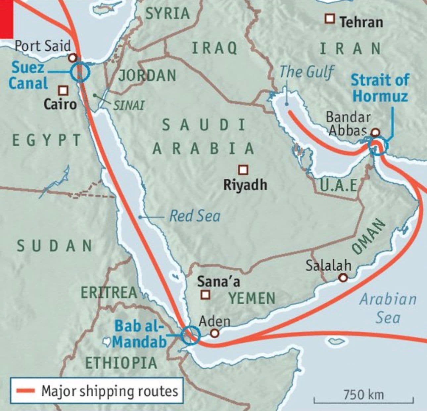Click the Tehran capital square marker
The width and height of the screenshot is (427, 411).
329,19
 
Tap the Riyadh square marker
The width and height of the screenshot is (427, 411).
243,170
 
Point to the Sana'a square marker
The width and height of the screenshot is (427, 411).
206,294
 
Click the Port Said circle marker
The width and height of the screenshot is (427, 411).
72,58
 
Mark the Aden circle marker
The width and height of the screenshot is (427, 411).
215,333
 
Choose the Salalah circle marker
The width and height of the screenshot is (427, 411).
343,278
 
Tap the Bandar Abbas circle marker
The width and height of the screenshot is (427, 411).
375,133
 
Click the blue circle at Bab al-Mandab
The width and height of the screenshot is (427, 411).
191,335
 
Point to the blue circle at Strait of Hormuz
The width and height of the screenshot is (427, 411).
378,147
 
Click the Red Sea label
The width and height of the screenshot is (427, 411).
195,216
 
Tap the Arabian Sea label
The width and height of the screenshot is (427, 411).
388,308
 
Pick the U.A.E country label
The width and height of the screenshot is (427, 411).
339,185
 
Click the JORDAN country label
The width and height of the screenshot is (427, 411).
147,75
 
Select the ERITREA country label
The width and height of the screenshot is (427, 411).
109,293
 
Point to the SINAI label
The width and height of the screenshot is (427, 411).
129,106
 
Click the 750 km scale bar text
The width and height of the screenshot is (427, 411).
363,395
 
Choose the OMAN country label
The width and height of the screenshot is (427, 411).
368,237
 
